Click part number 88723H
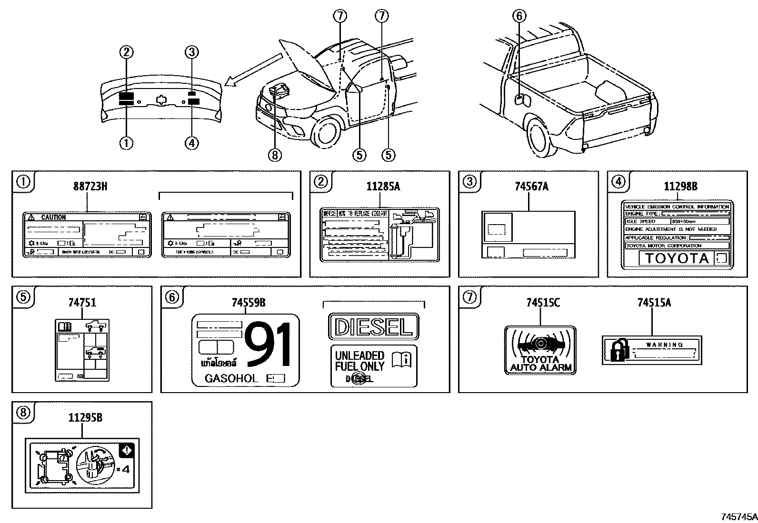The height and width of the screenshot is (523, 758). click(x=90, y=187)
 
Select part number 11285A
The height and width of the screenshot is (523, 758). click(x=383, y=187)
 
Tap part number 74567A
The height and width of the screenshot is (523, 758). click(x=531, y=187)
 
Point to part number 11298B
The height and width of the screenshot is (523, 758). click(x=680, y=187)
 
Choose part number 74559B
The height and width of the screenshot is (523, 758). click(x=248, y=302)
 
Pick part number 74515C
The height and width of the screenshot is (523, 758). click(x=543, y=302)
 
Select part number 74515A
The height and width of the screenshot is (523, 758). click(x=654, y=302)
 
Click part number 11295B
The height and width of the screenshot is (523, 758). click(x=85, y=418)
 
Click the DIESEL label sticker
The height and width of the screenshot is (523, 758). click(x=373, y=326)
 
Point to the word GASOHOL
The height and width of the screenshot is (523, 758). click(x=231, y=379)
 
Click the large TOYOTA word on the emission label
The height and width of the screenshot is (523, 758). click(x=676, y=258)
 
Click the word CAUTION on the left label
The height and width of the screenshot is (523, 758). click(x=53, y=217)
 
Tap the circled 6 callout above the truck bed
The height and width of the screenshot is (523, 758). click(x=519, y=16)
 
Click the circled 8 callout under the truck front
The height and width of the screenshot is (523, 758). click(x=275, y=155)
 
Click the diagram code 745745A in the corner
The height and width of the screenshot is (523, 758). click(x=738, y=516)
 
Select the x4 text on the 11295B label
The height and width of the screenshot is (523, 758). click(x=123, y=469)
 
